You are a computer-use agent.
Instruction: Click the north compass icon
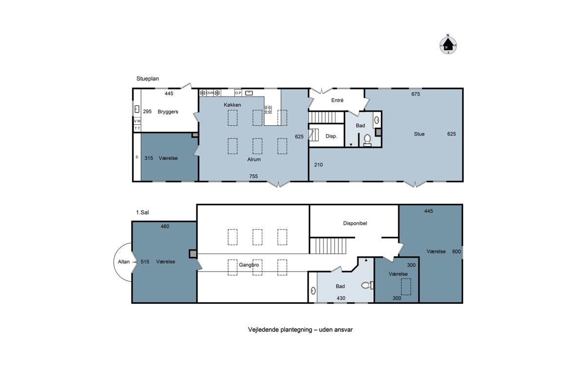coord(448,45)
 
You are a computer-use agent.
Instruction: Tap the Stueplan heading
coord(148,78)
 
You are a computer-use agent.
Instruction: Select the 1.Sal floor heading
coord(142,213)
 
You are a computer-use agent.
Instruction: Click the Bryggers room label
coord(168,112)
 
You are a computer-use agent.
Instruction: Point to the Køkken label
coord(233,105)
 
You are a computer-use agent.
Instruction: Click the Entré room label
coord(337,100)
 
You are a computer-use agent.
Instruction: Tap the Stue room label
coord(419,134)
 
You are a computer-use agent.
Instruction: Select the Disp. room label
coord(331,136)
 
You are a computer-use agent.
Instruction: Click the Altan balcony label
coord(123,261)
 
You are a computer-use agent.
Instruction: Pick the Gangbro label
coord(249,265)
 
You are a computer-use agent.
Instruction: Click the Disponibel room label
coord(355,223)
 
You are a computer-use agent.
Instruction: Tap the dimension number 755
coord(253,176)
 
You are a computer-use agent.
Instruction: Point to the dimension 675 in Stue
coord(415,94)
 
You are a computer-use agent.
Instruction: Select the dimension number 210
coord(318,165)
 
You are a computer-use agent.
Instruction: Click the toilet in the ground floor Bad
coord(368,140)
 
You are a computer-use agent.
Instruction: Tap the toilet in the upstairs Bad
coord(367,285)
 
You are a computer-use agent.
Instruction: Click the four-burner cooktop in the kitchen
coord(268,110)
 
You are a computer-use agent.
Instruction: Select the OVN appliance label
coord(210,93)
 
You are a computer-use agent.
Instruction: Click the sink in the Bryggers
coord(137,109)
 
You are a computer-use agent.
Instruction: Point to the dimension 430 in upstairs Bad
coord(341,298)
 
